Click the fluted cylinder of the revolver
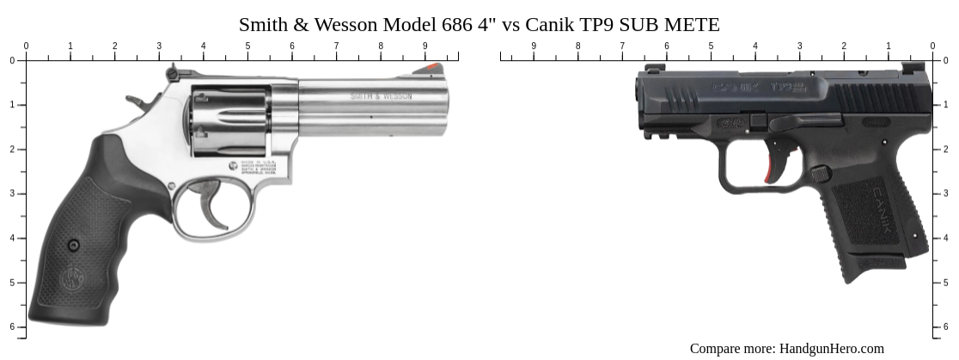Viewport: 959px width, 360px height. [229, 120]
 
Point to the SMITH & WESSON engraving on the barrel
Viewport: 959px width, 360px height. [381, 96]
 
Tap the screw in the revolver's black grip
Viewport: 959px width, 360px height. [74, 246]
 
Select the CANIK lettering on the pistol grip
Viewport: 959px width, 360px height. [890, 206]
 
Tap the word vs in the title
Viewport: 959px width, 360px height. [510, 24]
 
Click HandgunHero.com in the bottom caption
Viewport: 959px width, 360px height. [831, 348]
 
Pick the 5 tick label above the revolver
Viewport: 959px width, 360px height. [247, 46]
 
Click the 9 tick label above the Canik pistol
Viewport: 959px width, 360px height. [534, 46]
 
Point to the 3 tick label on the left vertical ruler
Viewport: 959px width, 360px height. [12, 193]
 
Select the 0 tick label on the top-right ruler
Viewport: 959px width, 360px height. [932, 46]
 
